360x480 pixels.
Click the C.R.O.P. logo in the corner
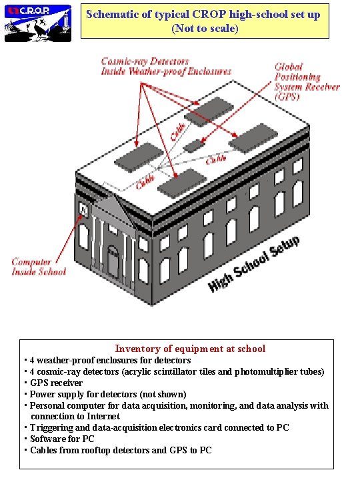38,22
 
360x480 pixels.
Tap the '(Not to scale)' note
205,29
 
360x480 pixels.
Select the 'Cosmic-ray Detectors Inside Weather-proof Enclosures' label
166,66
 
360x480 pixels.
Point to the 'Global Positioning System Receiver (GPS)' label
306,81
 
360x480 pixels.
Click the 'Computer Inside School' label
39,267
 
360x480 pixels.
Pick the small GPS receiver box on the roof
195,145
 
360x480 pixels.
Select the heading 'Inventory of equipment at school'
190,349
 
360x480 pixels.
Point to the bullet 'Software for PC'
62,439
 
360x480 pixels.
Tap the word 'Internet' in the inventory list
102,416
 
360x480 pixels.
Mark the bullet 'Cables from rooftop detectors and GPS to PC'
121,450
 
